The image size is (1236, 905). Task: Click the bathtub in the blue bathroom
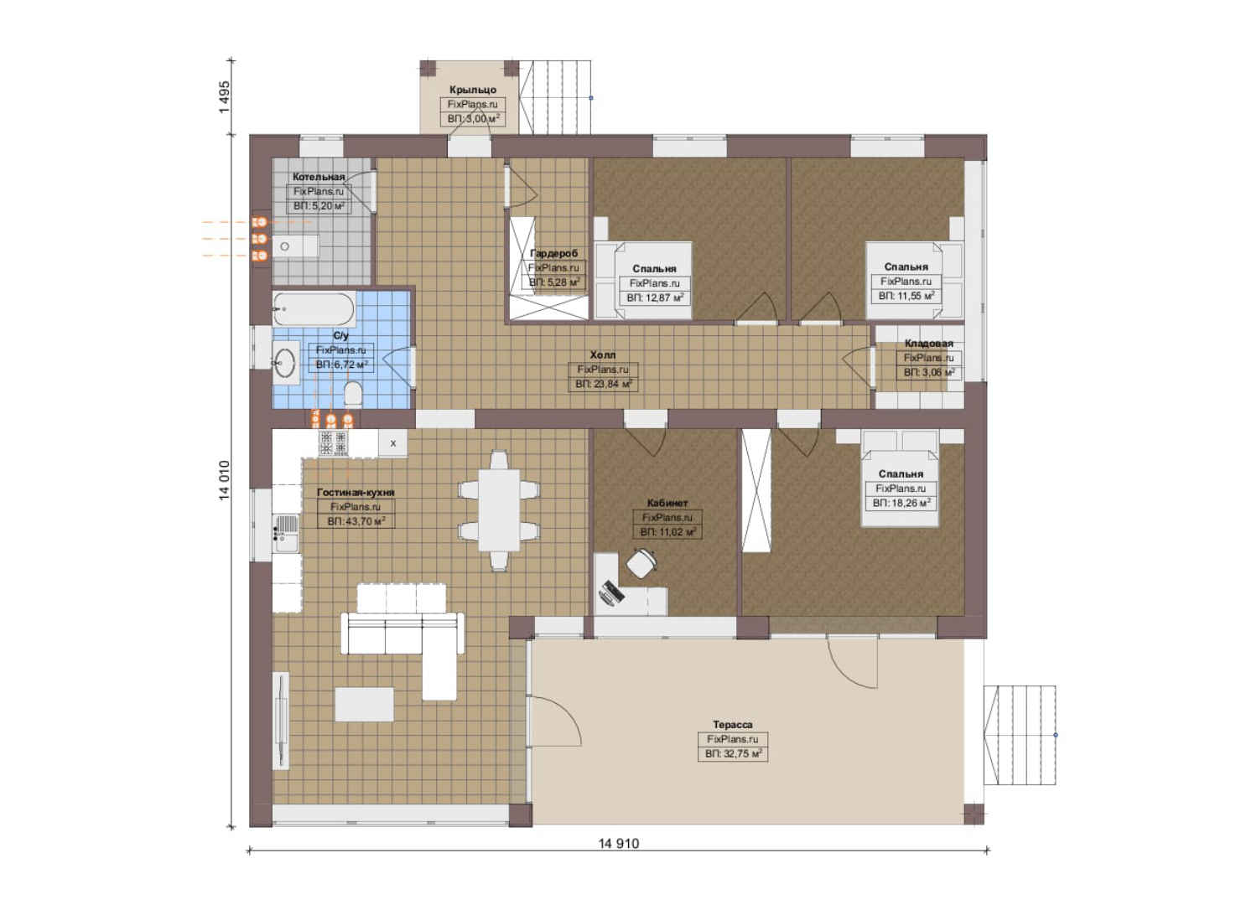pyautogui.click(x=314, y=309)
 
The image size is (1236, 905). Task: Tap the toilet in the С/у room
pyautogui.click(x=352, y=395)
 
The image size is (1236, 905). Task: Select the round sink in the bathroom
pyautogui.click(x=286, y=362)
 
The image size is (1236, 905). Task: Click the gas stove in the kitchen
pyautogui.click(x=333, y=442)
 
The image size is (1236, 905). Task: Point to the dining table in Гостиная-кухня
pyautogui.click(x=499, y=509)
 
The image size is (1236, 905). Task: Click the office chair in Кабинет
pyautogui.click(x=641, y=562)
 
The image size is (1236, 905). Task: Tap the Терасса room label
pyautogui.click(x=732, y=724)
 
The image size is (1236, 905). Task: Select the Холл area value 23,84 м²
pyautogui.click(x=603, y=384)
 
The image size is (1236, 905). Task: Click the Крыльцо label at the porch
pyautogui.click(x=472, y=90)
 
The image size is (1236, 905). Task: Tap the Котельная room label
pyautogui.click(x=319, y=177)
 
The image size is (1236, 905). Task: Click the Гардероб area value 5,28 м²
pyautogui.click(x=554, y=282)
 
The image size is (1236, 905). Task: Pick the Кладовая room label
pyautogui.click(x=928, y=343)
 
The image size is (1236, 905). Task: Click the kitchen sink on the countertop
pyautogui.click(x=286, y=533)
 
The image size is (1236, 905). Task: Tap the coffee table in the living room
pyautogui.click(x=364, y=704)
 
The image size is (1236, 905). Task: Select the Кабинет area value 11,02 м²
pyautogui.click(x=667, y=531)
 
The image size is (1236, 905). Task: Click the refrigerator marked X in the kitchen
pyautogui.click(x=393, y=442)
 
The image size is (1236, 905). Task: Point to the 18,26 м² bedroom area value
pyautogui.click(x=901, y=503)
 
